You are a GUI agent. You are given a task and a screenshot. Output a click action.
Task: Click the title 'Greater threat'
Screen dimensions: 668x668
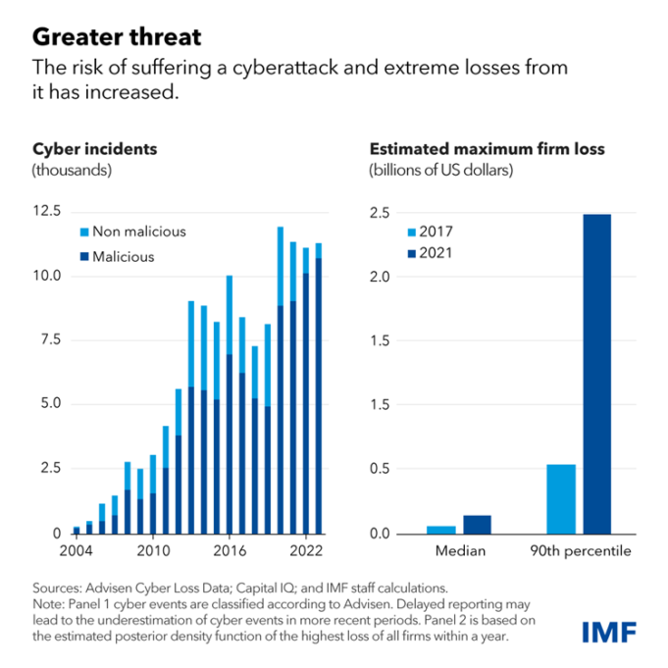pos(117,37)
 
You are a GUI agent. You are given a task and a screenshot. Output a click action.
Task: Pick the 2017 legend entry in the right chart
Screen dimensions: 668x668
pos(439,231)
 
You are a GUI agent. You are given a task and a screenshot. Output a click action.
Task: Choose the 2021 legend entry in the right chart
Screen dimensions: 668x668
pos(439,256)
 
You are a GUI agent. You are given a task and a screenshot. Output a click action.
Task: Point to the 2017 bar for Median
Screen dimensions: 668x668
pos(441,530)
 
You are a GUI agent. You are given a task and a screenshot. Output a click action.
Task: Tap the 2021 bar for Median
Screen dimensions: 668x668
pos(477,525)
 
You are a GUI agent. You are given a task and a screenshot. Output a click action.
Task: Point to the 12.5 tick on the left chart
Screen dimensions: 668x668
pos(47,211)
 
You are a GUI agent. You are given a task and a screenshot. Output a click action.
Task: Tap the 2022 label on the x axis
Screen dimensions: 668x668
pos(306,551)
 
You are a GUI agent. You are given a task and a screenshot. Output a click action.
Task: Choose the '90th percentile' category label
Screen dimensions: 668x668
pos(579,551)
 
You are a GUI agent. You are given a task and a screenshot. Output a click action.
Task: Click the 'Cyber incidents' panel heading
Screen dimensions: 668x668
pos(94,150)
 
